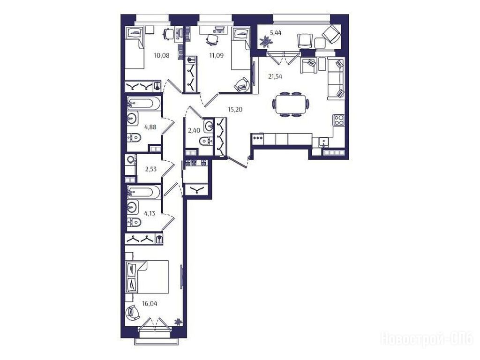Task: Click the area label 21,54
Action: click(275, 76)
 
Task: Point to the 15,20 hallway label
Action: click(235, 109)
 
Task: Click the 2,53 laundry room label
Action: click(150, 169)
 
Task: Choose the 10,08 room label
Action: click(162, 55)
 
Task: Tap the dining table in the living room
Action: click(291, 104)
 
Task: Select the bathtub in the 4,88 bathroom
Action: click(143, 104)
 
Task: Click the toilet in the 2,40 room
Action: click(206, 141)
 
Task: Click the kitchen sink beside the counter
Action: click(323, 142)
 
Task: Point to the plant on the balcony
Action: click(264, 42)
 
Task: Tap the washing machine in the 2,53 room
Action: click(131, 160)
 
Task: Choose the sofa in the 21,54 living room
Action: click(336, 78)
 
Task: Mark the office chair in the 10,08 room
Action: click(168, 33)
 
